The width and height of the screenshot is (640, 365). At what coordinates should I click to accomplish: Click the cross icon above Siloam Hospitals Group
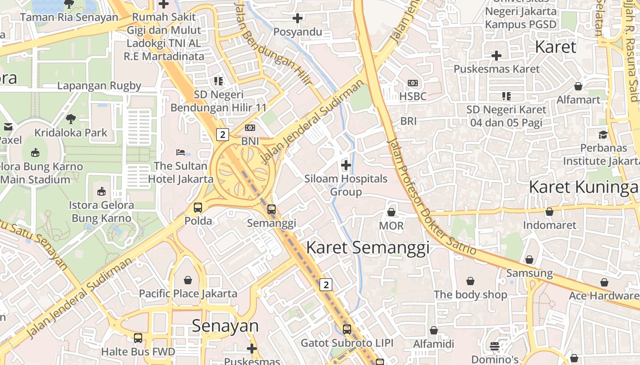point(346,165)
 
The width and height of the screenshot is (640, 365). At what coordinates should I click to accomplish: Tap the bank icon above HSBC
point(413,83)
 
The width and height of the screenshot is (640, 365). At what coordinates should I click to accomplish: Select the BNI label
point(250,141)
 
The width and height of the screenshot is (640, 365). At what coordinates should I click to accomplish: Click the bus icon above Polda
point(198,208)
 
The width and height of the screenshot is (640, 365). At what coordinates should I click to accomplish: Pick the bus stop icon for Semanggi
point(272,209)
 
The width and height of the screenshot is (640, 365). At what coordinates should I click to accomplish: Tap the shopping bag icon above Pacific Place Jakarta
point(188,280)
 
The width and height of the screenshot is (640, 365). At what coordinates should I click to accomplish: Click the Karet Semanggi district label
point(368,248)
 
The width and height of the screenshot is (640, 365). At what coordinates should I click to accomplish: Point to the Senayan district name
point(225,326)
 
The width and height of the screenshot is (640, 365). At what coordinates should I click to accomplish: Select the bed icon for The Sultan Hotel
point(181,152)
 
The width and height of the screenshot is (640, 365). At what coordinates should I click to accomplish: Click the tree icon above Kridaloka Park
point(70,119)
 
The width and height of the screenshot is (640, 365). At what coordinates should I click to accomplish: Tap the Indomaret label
point(549,225)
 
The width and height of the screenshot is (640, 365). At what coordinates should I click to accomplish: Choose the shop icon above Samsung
point(529,260)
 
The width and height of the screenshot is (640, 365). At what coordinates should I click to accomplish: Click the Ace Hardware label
point(604,296)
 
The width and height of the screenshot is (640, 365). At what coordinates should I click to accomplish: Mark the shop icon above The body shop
point(470,281)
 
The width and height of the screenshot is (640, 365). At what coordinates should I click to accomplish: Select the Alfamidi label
point(433,344)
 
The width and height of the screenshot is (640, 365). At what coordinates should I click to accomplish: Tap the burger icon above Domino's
point(495,346)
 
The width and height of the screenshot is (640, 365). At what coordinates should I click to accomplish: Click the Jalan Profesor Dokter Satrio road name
point(432,196)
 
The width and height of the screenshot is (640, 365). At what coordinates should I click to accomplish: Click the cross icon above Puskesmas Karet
point(496,56)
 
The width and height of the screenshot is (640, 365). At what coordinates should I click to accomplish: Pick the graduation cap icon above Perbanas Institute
point(603,135)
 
